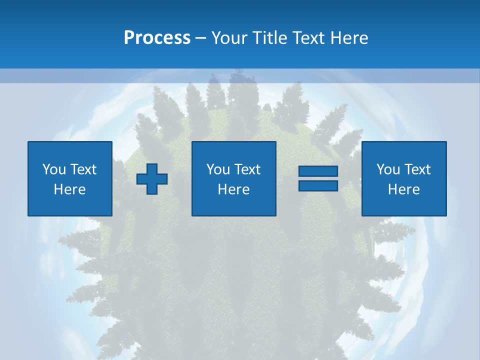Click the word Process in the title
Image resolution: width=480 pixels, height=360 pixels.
(157, 38)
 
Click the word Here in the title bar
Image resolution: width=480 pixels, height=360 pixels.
(349, 38)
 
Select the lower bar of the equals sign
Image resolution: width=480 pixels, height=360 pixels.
(318, 185)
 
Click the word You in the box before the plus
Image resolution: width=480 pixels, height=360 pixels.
(54, 169)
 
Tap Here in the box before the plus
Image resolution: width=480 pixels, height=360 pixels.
(70, 189)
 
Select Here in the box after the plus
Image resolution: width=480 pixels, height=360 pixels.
(234, 189)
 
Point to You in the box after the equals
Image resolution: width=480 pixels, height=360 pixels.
(388, 169)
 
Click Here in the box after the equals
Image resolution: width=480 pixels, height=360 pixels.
(404, 189)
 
